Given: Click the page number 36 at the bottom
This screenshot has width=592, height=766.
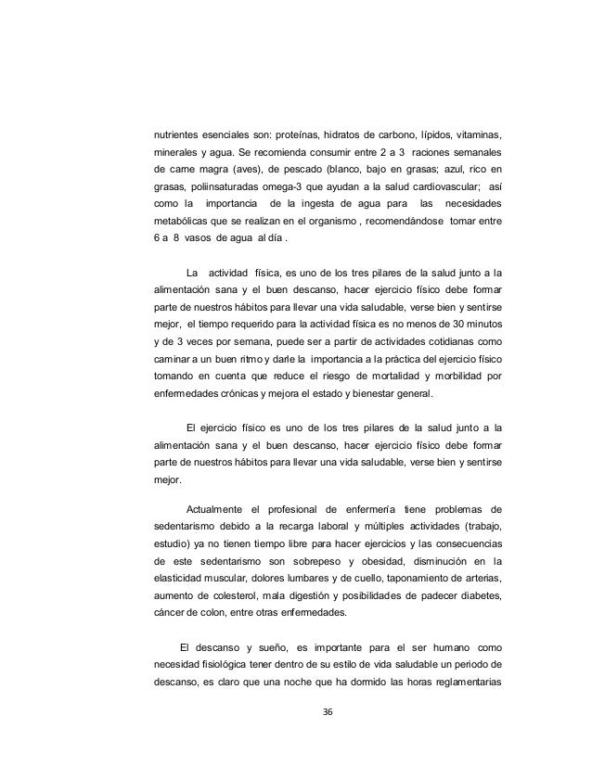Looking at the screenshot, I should pos(326,711).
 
